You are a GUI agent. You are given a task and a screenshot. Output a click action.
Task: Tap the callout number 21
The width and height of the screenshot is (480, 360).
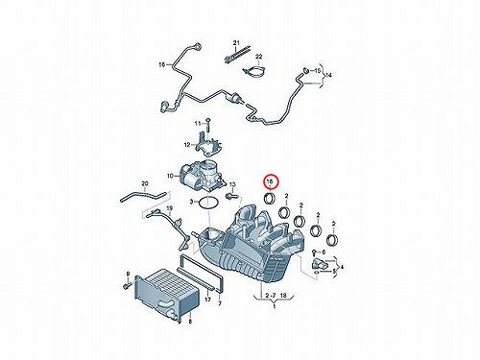tap(236, 42)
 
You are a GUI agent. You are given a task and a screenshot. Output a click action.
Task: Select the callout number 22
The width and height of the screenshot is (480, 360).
tap(259, 57)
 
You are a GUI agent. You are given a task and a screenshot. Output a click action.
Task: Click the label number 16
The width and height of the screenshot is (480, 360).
tap(162, 65)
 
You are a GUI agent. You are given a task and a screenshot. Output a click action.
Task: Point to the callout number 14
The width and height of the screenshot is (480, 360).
tap(328, 75)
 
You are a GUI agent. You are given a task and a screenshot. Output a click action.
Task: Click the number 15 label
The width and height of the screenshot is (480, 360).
tap(317, 70)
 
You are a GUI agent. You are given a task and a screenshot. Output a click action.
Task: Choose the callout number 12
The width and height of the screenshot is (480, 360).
tap(187, 145)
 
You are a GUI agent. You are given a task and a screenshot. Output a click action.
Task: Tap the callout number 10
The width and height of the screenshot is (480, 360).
tap(170, 176)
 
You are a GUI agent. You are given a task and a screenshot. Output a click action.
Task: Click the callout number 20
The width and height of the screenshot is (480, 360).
tap(145, 183)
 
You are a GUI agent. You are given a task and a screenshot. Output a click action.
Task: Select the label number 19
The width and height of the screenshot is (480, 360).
tap(170, 208)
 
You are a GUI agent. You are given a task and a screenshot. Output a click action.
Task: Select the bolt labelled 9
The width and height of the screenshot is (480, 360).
tap(127, 284)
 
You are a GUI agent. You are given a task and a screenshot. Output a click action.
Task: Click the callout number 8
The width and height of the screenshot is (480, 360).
tap(190, 322)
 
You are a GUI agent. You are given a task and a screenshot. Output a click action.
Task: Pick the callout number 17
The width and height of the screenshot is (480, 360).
tap(208, 300)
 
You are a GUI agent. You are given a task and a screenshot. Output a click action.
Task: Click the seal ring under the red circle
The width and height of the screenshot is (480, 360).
tap(269, 199)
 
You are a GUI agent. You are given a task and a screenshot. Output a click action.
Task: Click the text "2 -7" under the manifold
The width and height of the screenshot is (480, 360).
tap(271, 296)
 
